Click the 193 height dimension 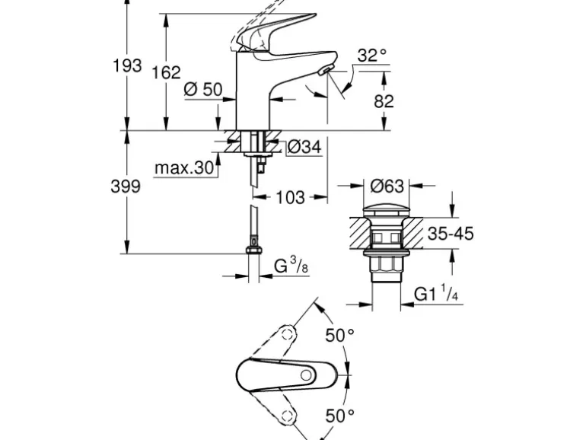coord(127,65)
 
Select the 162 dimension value coord(167,72)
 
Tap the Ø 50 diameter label coord(203,90)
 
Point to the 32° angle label coord(371,55)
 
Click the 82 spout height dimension coord(384,100)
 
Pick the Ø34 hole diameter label coord(304,148)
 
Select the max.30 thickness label coord(183,167)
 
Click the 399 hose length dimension coord(126,187)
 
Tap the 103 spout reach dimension coord(289,198)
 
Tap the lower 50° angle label coord(339,415)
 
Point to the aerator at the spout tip coord(325,71)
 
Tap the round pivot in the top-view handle coord(305,375)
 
